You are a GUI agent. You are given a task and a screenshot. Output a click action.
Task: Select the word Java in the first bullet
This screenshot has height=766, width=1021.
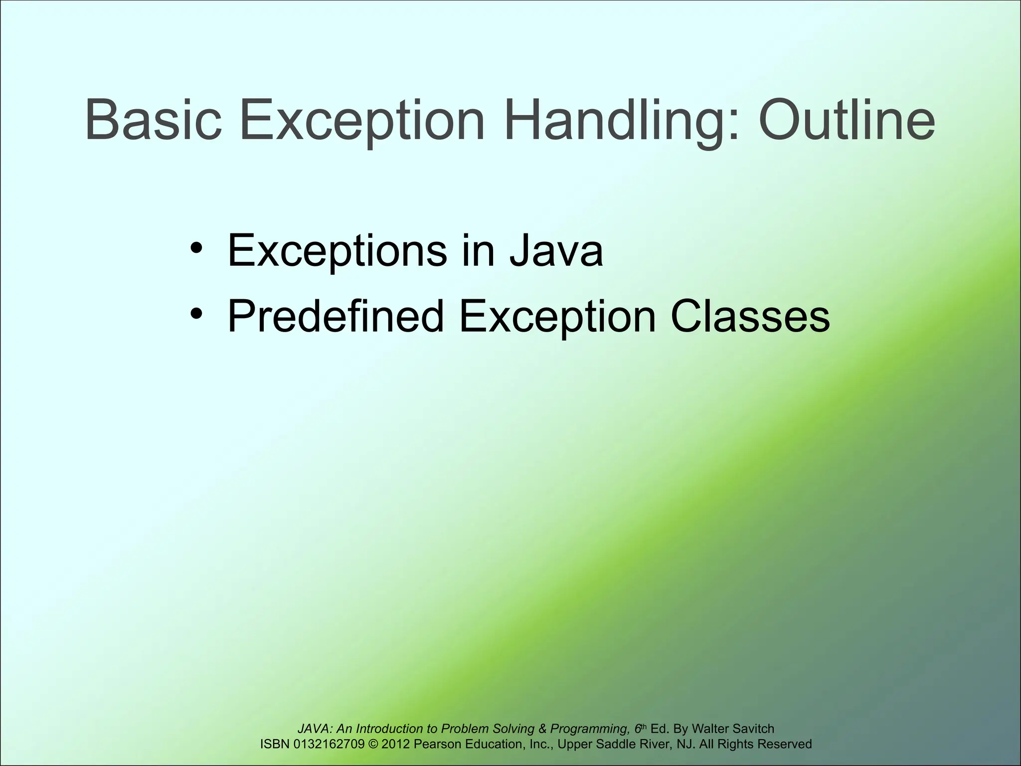556,250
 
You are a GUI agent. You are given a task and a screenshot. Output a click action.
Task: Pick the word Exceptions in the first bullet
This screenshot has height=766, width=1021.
337,250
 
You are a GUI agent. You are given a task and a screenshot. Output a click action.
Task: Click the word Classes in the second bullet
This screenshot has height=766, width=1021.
750,316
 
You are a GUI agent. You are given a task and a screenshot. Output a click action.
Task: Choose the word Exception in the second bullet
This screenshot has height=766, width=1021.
557,316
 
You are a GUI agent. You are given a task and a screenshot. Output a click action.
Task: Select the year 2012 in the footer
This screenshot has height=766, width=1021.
396,744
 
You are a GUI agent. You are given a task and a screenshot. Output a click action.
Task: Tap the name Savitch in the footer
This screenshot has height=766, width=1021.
753,729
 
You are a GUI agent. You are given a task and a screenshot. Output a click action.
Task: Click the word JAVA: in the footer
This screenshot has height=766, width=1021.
316,729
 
